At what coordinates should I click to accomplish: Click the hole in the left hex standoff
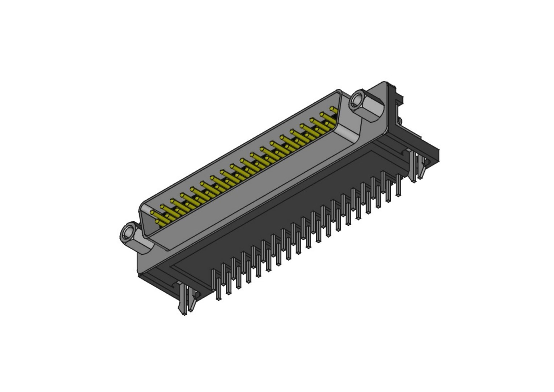pyautogui.click(x=128, y=232)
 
